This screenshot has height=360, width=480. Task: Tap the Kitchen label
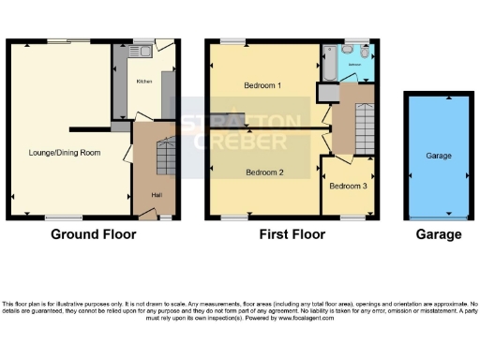tap(144, 82)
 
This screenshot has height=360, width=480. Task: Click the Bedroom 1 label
tap(263, 85)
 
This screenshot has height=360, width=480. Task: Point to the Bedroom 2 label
tap(264, 172)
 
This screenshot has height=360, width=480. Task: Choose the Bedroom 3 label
tap(348, 186)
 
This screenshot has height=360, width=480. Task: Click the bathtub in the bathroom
tap(328, 62)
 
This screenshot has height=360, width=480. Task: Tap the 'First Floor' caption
tap(292, 234)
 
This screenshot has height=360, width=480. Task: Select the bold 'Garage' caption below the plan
tap(439, 234)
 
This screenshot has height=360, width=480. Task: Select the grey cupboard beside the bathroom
tap(327, 93)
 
